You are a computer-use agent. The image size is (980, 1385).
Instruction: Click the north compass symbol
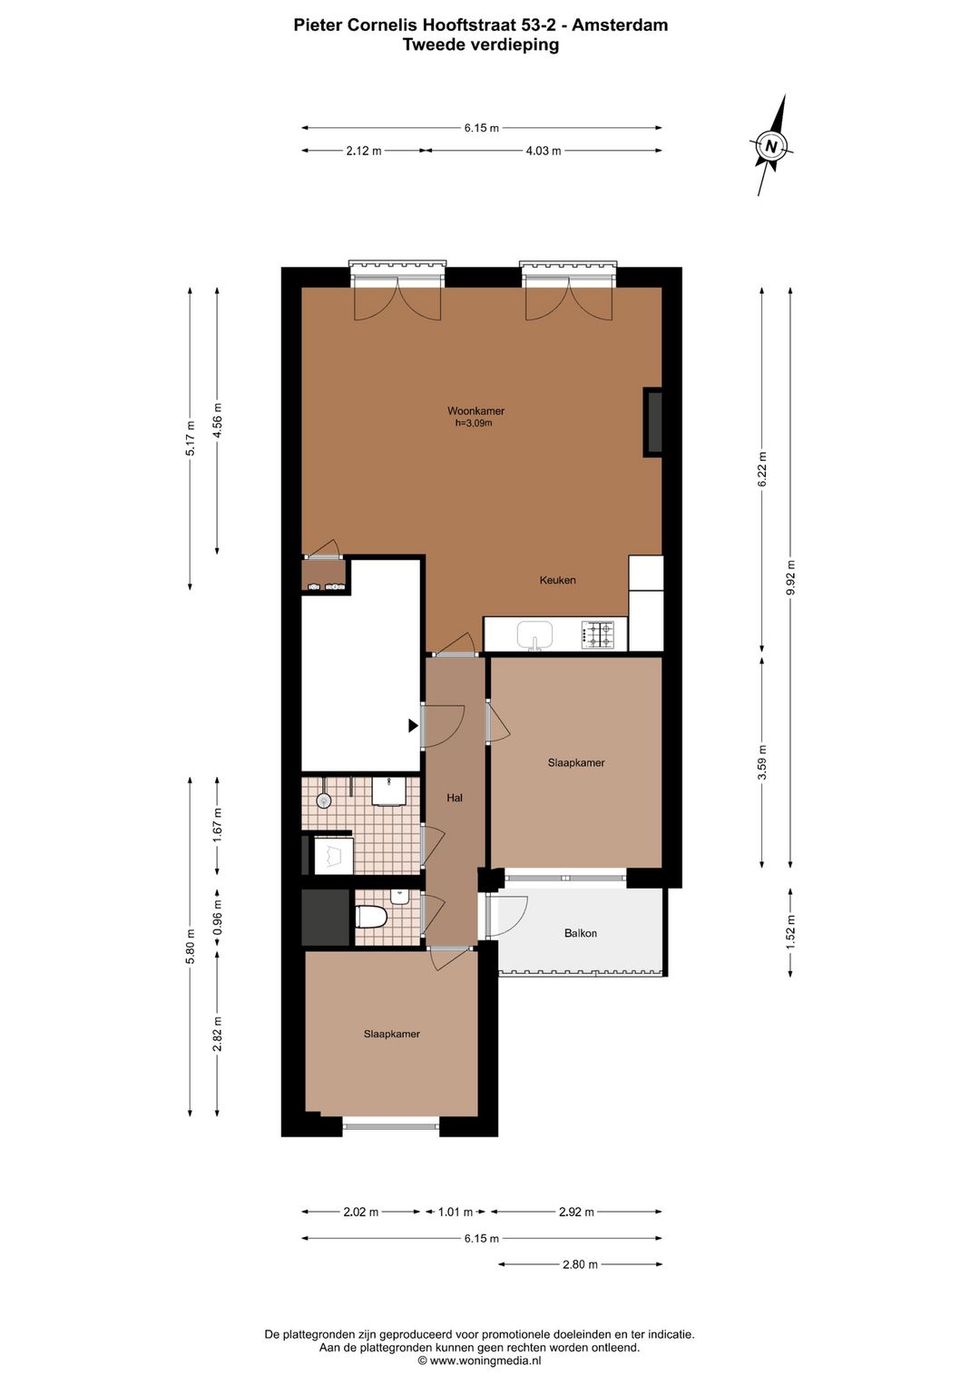pos(771,146)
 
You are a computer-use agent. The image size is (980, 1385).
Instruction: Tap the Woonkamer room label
pos(476,411)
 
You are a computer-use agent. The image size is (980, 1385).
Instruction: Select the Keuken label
pos(558,580)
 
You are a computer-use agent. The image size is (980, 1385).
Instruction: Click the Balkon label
pos(581,933)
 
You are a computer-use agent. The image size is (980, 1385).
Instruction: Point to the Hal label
pos(456,798)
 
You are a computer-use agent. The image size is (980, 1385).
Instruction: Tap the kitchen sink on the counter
pos(534,635)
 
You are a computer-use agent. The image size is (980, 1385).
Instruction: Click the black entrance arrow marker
pos(413,726)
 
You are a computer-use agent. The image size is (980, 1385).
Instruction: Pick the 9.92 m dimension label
pos(790,577)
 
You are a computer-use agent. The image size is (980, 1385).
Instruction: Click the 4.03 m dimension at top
pos(544,151)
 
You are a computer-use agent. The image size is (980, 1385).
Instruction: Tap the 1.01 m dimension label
pos(456,1212)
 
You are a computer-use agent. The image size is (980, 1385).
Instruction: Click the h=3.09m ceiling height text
pos(475,424)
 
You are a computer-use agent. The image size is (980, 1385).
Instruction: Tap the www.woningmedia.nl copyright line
pos(479,1360)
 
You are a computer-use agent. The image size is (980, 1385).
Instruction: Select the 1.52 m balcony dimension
pos(790,932)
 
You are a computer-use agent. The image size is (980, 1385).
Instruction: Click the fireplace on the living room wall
pos(653,422)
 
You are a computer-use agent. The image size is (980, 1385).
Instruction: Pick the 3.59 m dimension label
pos(761,761)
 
